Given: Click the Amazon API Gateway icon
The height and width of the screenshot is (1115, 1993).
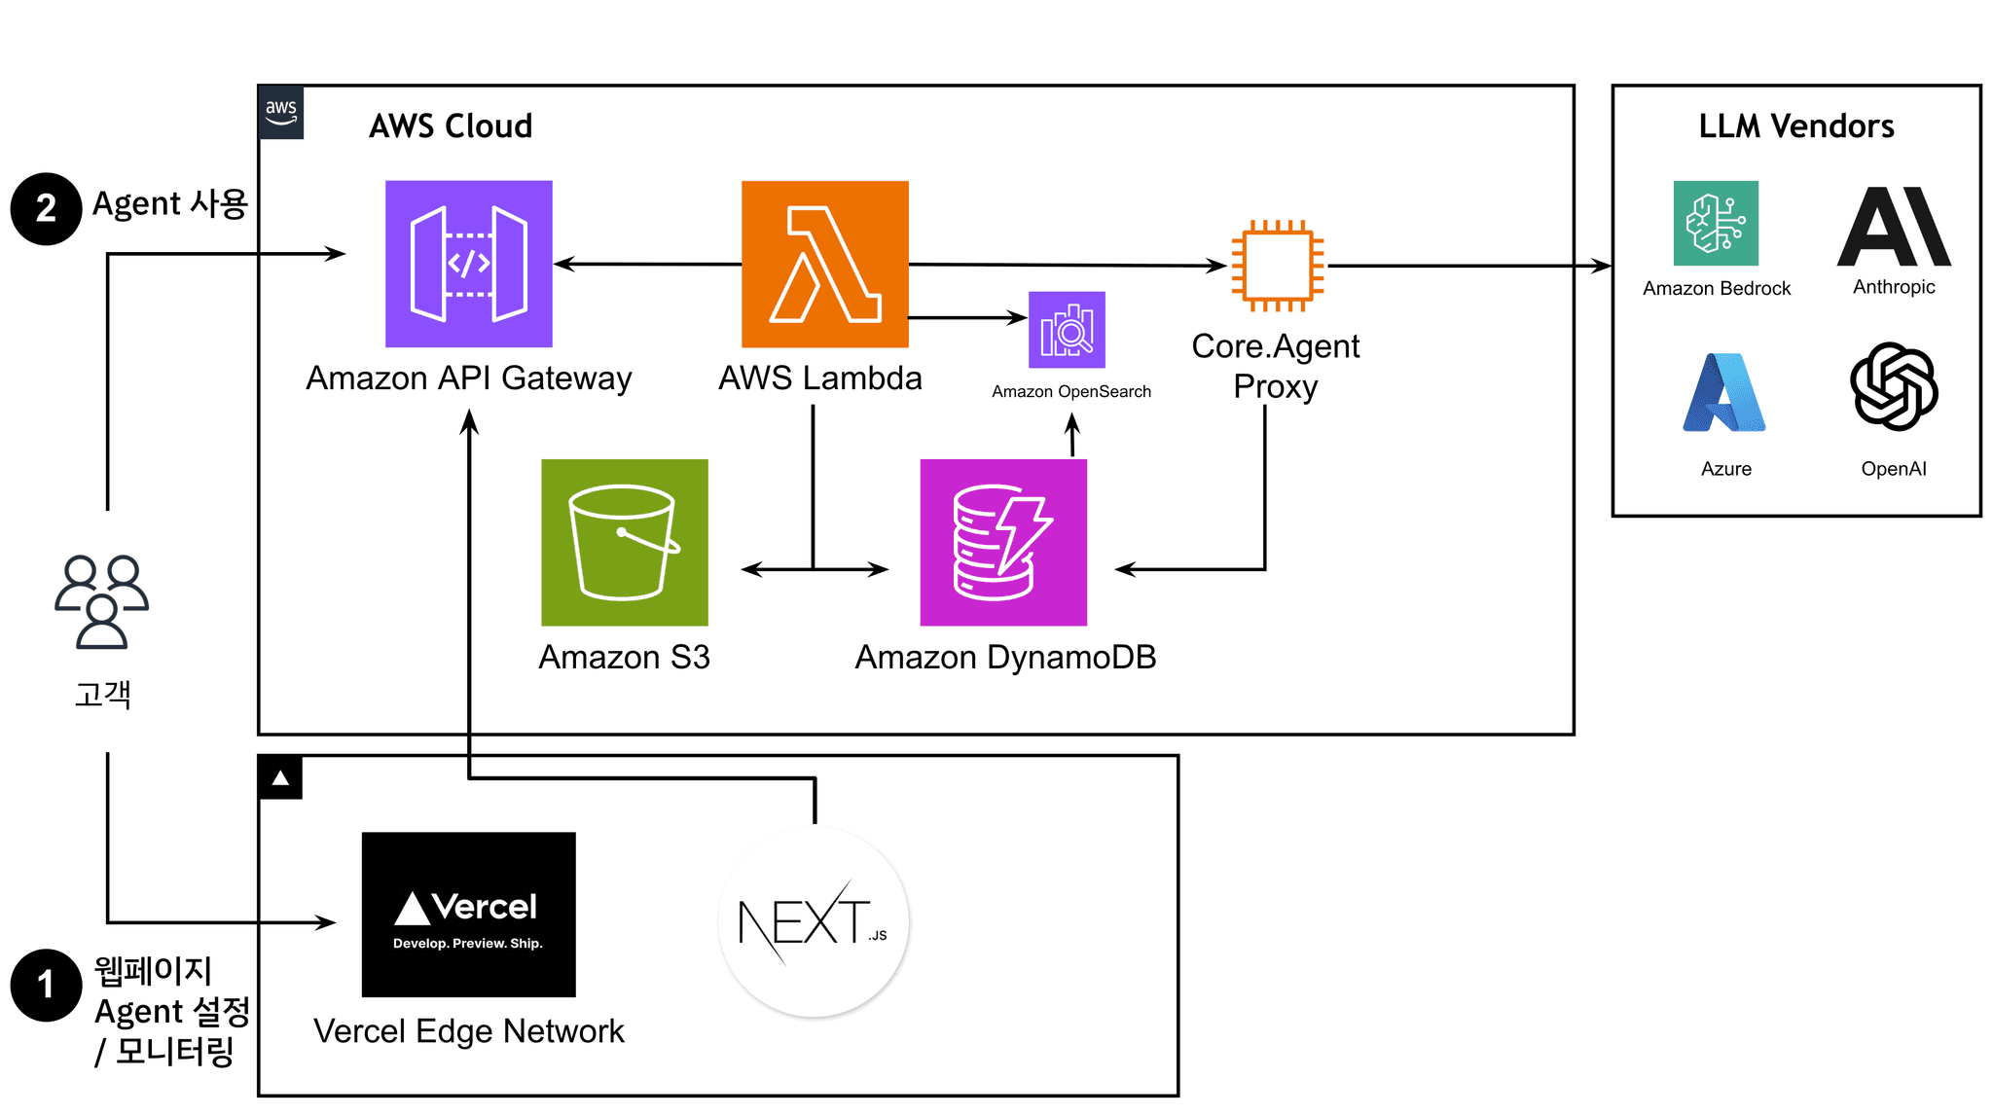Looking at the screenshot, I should [468, 264].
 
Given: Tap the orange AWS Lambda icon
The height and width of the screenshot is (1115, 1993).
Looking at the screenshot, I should [824, 264].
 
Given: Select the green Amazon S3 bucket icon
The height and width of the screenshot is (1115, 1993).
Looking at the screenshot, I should [624, 542].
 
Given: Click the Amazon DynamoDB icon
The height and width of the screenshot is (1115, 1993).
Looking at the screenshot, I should [1003, 542].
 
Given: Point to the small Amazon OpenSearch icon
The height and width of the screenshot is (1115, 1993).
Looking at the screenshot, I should [1067, 330].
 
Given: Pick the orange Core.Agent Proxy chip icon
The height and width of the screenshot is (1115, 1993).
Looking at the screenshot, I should [1277, 266].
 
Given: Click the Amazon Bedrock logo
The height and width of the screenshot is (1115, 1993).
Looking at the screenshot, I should [1716, 223].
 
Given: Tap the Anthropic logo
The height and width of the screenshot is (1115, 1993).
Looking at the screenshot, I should [1894, 227].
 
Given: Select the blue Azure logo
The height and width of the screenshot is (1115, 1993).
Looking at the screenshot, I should [1724, 392].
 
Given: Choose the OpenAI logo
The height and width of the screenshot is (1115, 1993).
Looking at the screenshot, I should [1894, 386].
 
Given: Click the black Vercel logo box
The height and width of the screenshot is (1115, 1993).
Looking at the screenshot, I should [468, 915].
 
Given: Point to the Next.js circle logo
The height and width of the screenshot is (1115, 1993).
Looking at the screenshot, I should [814, 921].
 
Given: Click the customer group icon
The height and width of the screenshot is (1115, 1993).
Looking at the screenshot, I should [102, 601].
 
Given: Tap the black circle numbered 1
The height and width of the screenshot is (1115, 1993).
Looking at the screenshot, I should [46, 985].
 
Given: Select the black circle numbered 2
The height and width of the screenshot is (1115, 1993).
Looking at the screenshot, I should [46, 208].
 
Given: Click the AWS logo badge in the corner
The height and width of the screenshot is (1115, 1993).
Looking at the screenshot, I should [281, 113].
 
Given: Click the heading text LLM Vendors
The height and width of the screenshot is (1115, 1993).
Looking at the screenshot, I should [1796, 126].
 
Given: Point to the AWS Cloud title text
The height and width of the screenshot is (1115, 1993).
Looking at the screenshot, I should [451, 126].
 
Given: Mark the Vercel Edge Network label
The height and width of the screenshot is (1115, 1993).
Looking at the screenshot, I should [468, 1031].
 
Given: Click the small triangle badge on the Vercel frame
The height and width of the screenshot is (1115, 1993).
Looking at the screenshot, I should [280, 777].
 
